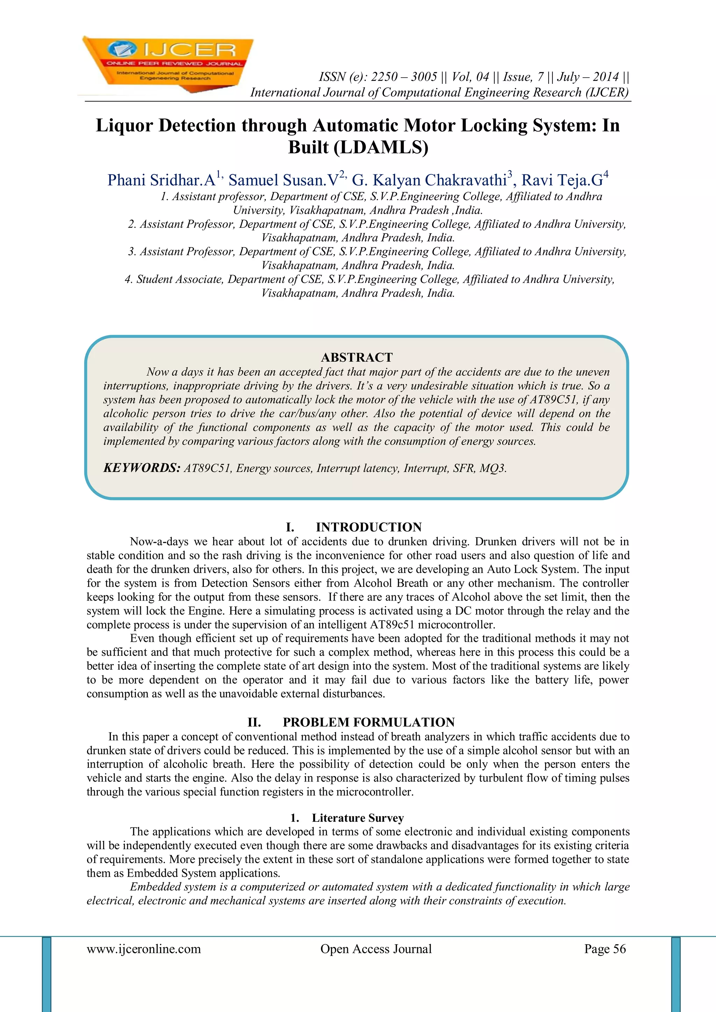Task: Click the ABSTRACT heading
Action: (x=356, y=357)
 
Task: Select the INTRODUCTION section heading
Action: (x=368, y=527)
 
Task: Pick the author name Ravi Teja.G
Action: (x=562, y=180)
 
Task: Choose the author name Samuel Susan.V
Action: (x=284, y=180)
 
